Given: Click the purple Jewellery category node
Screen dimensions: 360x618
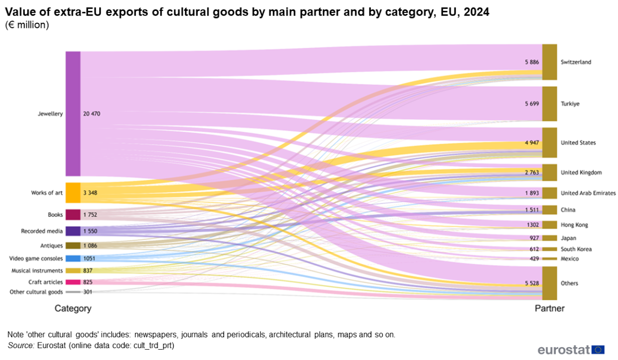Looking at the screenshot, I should click(x=73, y=114).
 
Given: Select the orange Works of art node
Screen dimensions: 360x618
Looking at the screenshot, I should click(x=73, y=193).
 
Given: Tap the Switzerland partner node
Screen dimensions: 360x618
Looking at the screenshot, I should click(x=550, y=62).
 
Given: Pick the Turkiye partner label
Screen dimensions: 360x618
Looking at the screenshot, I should click(x=570, y=104).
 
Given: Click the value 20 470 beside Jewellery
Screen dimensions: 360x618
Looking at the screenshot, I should click(x=92, y=114).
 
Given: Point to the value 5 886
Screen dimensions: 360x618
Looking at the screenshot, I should click(x=531, y=62).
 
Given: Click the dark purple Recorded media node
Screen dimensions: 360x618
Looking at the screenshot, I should click(x=73, y=231).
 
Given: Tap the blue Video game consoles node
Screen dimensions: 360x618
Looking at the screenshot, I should click(x=73, y=259).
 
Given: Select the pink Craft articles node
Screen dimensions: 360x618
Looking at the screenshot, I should click(x=73, y=282).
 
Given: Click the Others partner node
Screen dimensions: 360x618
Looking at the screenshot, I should click(x=550, y=283).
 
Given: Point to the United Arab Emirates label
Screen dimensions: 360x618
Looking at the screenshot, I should click(x=588, y=193).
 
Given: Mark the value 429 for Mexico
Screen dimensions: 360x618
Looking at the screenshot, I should click(x=534, y=259).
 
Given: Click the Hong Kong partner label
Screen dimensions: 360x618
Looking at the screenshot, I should click(x=574, y=225).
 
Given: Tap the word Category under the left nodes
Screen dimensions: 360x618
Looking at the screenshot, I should click(x=73, y=308).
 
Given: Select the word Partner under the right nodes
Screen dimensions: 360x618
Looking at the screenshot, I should click(x=550, y=308).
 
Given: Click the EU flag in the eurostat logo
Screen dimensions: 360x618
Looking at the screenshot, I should click(x=598, y=350).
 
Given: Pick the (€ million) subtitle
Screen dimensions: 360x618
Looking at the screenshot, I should click(x=27, y=25).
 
